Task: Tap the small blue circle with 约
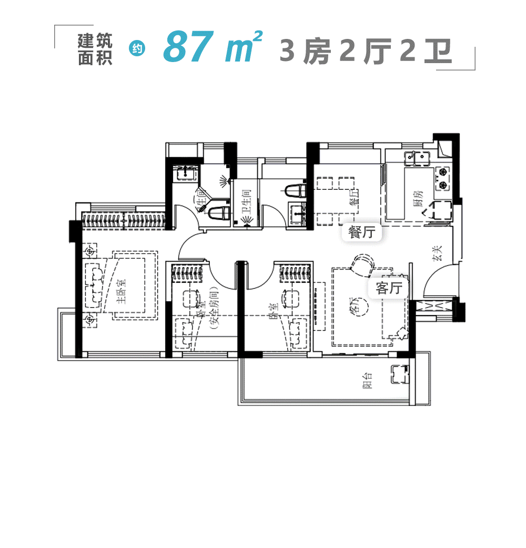137,49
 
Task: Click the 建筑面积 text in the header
95,49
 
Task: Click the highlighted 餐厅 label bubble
361,232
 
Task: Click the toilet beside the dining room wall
296,190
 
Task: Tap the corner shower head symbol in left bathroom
225,182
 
